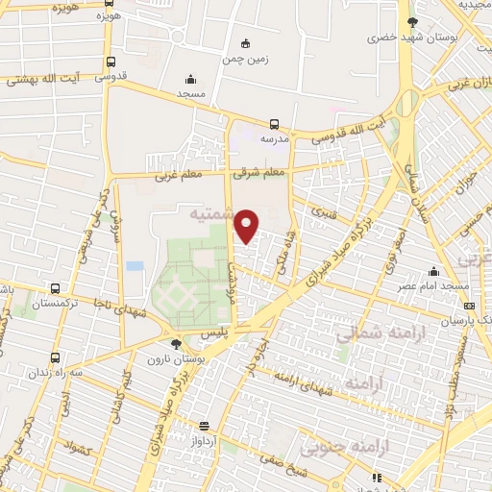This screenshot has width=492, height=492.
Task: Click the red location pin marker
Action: pyautogui.click(x=247, y=226)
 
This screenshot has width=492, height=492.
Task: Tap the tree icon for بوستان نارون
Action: pyautogui.click(x=175, y=342)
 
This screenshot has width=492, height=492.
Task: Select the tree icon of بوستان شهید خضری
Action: pyautogui.click(x=413, y=21)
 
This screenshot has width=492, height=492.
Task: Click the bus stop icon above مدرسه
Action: pyautogui.click(x=275, y=123)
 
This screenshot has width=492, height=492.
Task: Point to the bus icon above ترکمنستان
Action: pyautogui.click(x=55, y=287)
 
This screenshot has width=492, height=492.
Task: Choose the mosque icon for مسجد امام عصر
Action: pyautogui.click(x=435, y=272)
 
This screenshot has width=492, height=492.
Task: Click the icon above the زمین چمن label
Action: pyautogui.click(x=245, y=42)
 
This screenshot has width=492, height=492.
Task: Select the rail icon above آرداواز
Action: pyautogui.click(x=204, y=426)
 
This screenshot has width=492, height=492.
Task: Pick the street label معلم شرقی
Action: pyautogui.click(x=260, y=172)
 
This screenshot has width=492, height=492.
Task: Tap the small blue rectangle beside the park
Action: pyautogui.click(x=135, y=265)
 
